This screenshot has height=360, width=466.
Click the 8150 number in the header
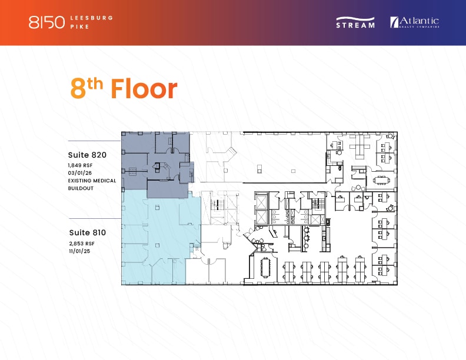[x=46, y=22]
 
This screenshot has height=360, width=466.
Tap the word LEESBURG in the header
[x=95, y=18]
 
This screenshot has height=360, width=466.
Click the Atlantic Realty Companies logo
[x=414, y=22]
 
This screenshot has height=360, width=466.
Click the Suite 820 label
[x=87, y=155]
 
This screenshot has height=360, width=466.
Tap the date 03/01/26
[x=81, y=173]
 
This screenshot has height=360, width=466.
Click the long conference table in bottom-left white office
[x=265, y=268]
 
